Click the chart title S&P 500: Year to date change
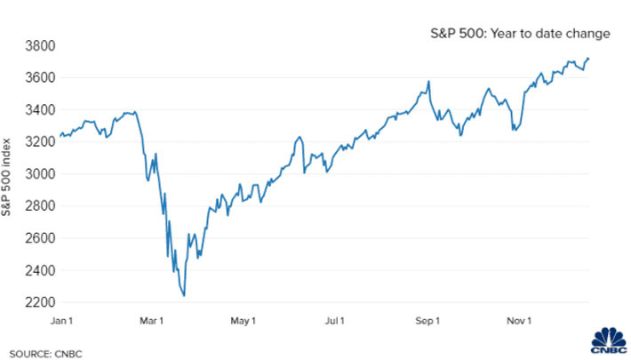[516, 34]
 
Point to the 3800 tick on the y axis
[40, 45]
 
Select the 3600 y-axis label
[40, 77]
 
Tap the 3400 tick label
[40, 109]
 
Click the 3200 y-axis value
[40, 141]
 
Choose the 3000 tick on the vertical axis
[40, 173]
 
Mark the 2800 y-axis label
[40, 205]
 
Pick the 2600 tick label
[40, 237]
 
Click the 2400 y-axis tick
[40, 269]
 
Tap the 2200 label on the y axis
[40, 302]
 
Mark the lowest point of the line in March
[184, 296]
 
